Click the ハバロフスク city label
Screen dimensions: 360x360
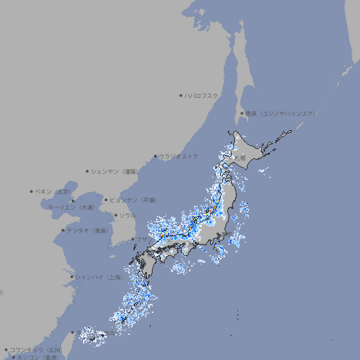click(x=202, y=95)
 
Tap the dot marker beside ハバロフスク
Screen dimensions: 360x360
click(x=181, y=95)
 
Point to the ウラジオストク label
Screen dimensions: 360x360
click(x=179, y=156)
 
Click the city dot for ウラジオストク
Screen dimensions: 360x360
click(x=155, y=156)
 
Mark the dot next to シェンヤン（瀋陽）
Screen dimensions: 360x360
click(x=88, y=171)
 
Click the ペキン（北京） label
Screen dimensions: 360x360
click(x=55, y=191)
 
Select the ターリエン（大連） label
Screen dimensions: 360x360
click(x=72, y=207)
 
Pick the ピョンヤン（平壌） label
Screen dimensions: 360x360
click(x=133, y=200)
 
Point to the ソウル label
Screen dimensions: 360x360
click(x=127, y=215)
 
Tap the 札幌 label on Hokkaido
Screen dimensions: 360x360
click(x=240, y=158)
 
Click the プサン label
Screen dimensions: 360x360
click(x=143, y=239)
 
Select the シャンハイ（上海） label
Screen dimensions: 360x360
click(x=99, y=277)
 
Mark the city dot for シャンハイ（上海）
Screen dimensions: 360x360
click(x=72, y=277)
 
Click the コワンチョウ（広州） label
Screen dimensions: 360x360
click(x=36, y=349)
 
